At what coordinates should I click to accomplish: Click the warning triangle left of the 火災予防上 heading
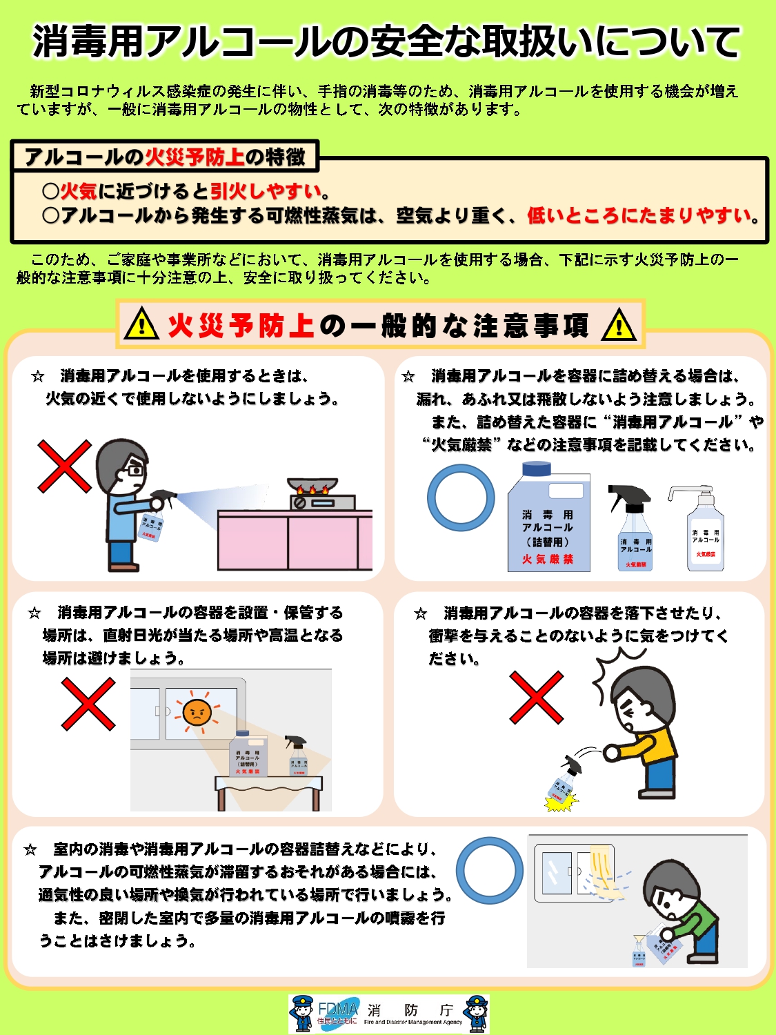click(141, 324)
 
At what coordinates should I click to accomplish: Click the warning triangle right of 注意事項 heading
click(619, 325)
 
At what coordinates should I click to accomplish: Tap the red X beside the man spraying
click(64, 466)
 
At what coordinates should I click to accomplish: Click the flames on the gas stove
click(312, 490)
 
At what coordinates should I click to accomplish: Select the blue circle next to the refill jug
click(461, 497)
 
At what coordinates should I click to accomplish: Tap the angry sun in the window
click(197, 711)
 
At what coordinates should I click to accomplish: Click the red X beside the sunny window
click(88, 703)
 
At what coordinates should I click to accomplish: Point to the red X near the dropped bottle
click(536, 698)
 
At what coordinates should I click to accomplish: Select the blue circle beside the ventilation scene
click(490, 871)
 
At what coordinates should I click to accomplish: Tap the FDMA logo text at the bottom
click(338, 1009)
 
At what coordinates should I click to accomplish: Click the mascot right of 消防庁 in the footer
click(476, 1013)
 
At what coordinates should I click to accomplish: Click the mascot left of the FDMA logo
click(303, 1013)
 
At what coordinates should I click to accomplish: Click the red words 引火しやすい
click(266, 191)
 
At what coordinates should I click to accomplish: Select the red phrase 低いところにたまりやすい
click(639, 216)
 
